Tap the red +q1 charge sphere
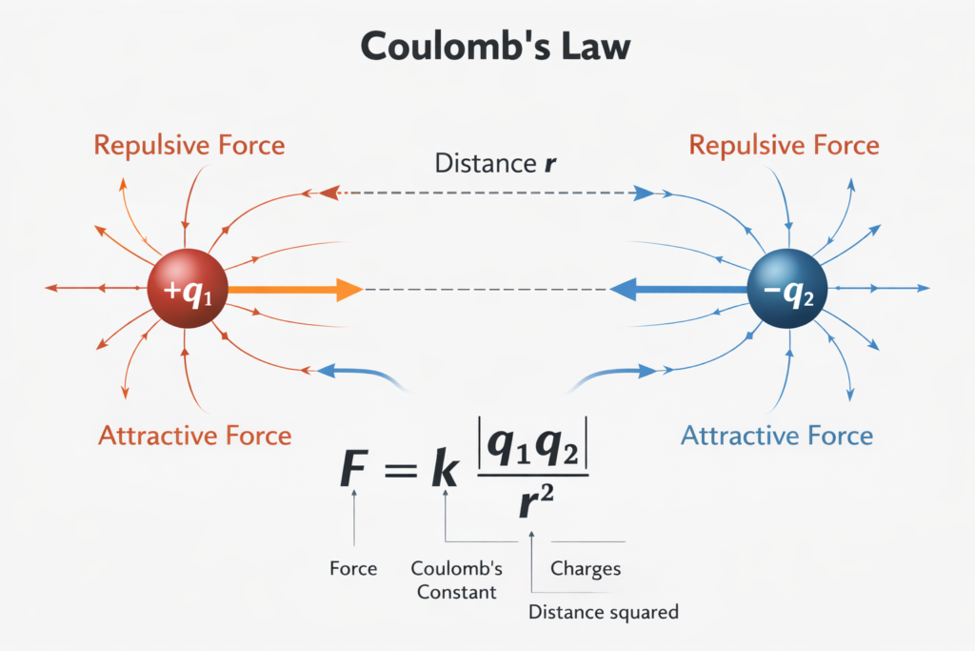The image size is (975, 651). click(188, 289)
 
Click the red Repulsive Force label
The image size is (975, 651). click(189, 146)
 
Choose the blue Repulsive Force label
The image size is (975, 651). click(784, 146)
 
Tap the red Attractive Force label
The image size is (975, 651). click(194, 436)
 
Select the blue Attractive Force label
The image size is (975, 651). click(777, 436)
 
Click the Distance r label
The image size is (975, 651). click(495, 163)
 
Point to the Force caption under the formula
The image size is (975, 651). click(353, 569)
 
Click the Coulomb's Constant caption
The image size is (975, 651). click(455, 580)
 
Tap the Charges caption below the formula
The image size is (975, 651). click(586, 569)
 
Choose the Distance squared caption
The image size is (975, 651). click(603, 612)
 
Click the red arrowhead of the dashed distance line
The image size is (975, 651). click(328, 193)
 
